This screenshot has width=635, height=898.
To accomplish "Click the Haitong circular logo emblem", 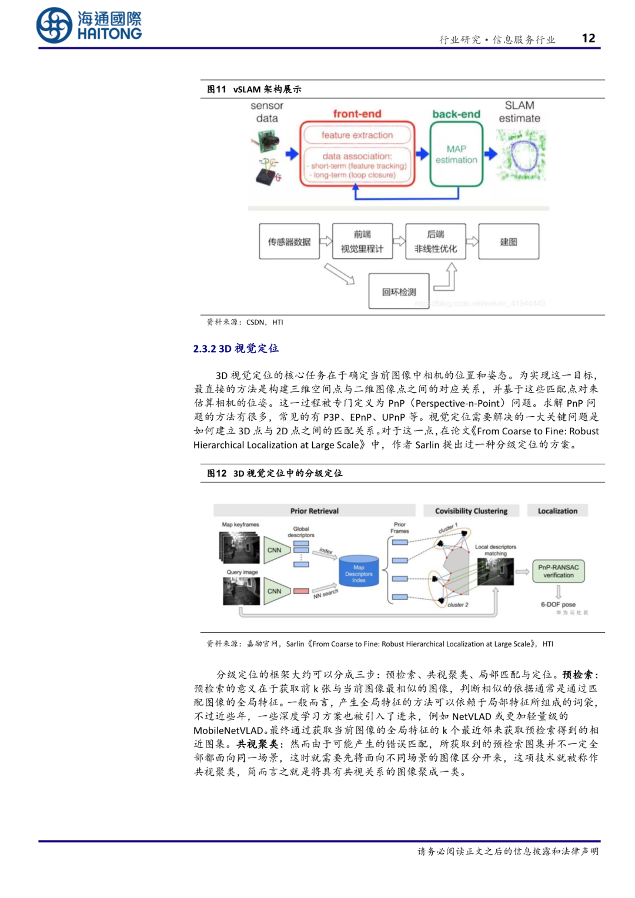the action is [55, 25].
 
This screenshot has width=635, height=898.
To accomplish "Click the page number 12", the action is [588, 38].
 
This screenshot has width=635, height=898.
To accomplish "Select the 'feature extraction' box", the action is [357, 135].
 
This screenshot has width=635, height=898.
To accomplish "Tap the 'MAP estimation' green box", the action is [456, 155].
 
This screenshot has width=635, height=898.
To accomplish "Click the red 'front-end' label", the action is [357, 113].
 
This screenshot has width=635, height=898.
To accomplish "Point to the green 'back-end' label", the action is [456, 114].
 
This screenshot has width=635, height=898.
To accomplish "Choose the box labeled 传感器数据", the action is [289, 242].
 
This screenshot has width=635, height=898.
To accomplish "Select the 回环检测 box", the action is [399, 291].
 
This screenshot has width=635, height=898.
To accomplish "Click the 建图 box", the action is [509, 242].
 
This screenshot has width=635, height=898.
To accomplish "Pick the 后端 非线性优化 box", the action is [436, 242].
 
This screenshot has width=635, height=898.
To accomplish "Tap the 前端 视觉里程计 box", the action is [362, 242].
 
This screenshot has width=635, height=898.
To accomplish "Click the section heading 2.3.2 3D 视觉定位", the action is [236, 349].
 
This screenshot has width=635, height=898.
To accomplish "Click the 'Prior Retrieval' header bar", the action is [314, 511].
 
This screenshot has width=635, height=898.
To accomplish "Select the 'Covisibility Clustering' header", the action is [471, 511].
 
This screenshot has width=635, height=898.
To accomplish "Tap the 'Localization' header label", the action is [557, 511].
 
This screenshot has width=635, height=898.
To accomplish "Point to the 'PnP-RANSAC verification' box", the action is [558, 571].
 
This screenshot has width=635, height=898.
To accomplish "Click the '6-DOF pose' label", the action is [558, 604].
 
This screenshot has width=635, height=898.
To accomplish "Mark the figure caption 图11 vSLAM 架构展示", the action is [254, 89].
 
